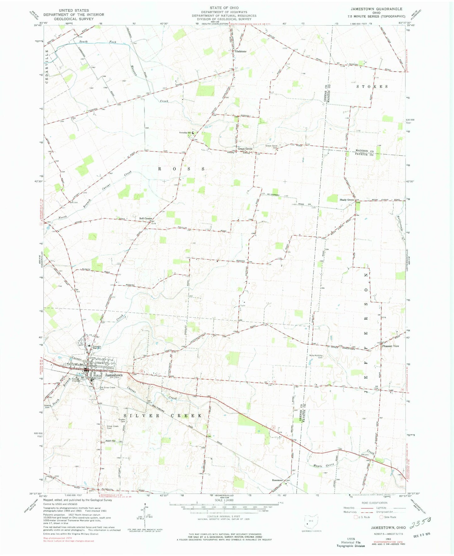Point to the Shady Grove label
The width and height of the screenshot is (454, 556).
pyautogui.click(x=347, y=200)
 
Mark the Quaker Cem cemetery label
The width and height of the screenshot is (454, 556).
pyautogui.click(x=122, y=420)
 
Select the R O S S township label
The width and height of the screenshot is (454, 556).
pyautogui.click(x=182, y=169)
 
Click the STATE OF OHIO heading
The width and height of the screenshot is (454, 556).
pyautogui.click(x=224, y=8)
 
